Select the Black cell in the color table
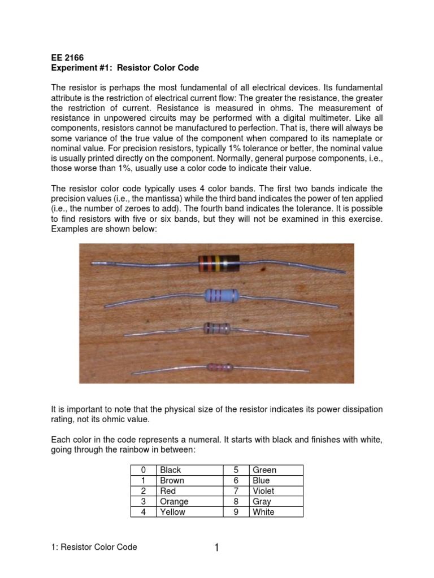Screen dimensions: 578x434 tap(171, 470)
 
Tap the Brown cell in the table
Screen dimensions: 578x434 tap(172, 481)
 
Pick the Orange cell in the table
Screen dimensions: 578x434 tap(175, 502)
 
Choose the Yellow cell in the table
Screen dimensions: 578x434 tap(173, 513)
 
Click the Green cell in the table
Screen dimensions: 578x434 tap(264, 470)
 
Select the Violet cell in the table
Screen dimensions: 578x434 tap(263, 491)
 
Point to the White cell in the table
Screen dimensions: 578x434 tap(263, 513)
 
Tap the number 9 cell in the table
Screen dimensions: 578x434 tap(237, 513)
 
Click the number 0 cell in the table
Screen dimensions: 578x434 tap(144, 470)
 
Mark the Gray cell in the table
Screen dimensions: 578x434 tap(262, 502)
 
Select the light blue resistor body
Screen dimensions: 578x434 tap(220, 295)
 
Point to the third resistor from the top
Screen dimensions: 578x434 tap(217, 328)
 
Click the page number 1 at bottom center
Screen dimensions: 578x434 tap(216, 548)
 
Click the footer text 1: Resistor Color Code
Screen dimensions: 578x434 tap(94, 547)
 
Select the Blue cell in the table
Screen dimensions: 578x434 tap(261, 481)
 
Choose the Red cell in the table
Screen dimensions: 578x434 tap(168, 491)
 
